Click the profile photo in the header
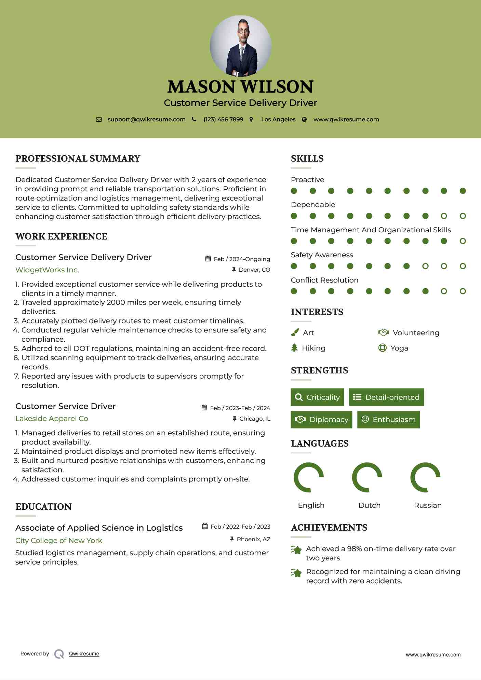[241, 46]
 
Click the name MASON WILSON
[240, 87]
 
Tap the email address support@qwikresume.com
[146, 120]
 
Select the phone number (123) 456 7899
[223, 120]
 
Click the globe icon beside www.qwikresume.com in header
[304, 120]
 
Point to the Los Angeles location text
[278, 120]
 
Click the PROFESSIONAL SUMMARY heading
[78, 159]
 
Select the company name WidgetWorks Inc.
[47, 270]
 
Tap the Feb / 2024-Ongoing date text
[242, 259]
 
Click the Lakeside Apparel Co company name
[52, 419]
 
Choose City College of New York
[59, 541]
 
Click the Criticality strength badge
[317, 397]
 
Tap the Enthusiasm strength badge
[388, 419]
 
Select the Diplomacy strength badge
[321, 419]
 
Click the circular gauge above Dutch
[367, 477]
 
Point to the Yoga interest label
[399, 348]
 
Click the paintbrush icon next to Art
[295, 332]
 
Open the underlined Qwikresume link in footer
[84, 654]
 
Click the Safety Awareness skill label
[322, 255]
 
